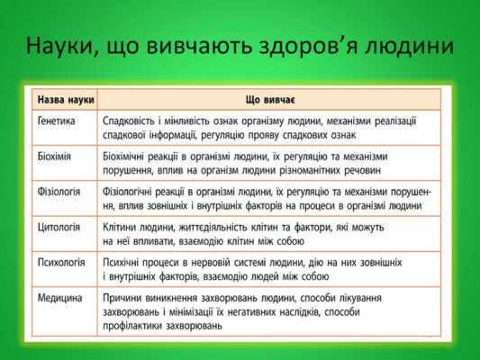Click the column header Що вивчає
268,100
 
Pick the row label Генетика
57,120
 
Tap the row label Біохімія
55,155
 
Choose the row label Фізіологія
59,191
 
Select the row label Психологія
61,262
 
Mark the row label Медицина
59,297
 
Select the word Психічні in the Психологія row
123,262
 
